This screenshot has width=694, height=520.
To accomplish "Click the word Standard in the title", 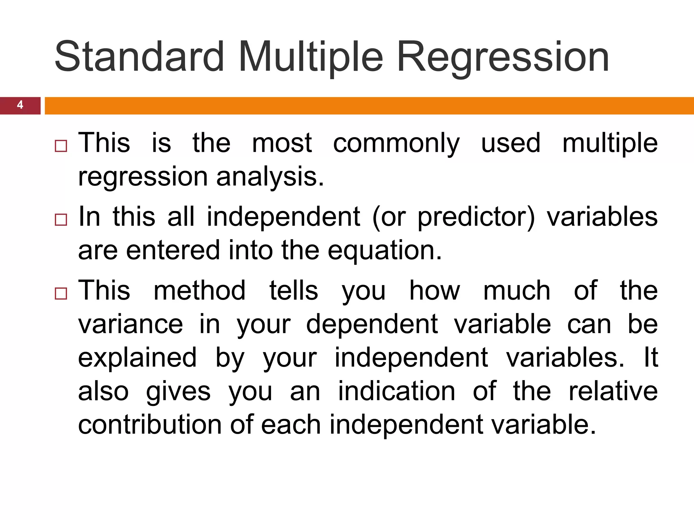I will click(139, 57).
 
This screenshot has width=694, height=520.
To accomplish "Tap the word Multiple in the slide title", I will click(311, 57).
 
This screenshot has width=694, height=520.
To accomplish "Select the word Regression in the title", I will click(503, 57).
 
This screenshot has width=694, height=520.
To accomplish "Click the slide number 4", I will click(20, 105).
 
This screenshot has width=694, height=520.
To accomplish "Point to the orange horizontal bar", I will click(369, 106).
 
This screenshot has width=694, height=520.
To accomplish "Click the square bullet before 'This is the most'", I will click(61, 146).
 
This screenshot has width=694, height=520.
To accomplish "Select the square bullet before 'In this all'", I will click(61, 220).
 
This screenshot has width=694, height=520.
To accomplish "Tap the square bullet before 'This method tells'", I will click(61, 294).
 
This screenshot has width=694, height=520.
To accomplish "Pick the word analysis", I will click(270, 177).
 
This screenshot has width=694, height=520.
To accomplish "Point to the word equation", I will click(385, 251).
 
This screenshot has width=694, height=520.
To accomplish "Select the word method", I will click(200, 290).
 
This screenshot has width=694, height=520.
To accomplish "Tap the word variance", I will click(130, 324).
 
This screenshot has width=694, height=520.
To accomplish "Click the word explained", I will click(137, 358).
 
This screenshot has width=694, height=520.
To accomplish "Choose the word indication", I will click(396, 391).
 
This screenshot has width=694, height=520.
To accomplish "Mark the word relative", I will click(613, 391).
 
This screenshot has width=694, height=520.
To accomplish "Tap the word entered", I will click(173, 251).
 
